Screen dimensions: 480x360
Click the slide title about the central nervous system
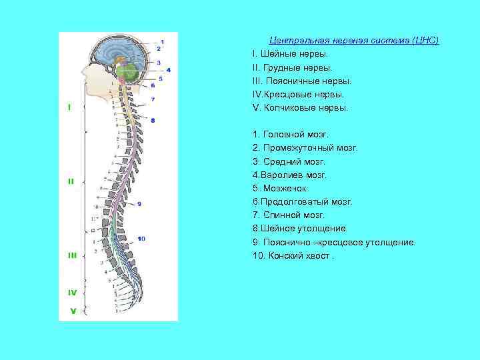pos(353,41)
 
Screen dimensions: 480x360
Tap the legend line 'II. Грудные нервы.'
pos(291,67)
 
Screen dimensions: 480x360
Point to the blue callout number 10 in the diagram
pos(141,238)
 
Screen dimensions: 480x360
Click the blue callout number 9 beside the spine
pos(139,203)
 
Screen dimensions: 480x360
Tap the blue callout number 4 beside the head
pos(168,69)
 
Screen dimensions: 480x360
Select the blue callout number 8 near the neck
pos(153,120)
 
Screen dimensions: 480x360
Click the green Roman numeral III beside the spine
pos(72,255)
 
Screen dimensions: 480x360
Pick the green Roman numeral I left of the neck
pos(69,106)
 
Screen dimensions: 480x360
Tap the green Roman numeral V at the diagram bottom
pos(73,311)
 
